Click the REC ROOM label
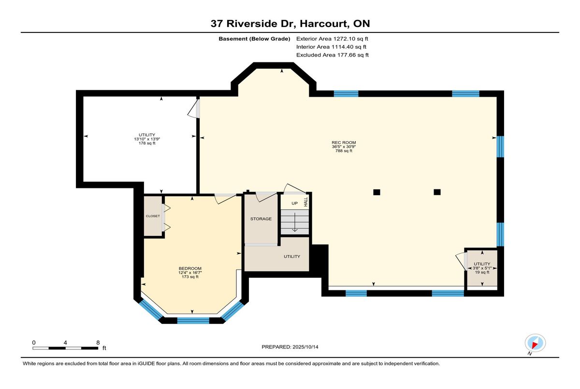(344, 143)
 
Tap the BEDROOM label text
(190, 268)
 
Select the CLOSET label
(153, 216)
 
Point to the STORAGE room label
(261, 219)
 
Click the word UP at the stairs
(295, 203)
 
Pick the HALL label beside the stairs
(306, 202)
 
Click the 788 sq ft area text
(344, 151)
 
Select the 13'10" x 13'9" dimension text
(147, 139)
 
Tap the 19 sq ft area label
(482, 272)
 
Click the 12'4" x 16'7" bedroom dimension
(190, 273)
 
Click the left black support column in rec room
(377, 192)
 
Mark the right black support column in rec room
(437, 192)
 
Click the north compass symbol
(535, 343)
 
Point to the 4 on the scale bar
(65, 343)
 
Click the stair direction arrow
(295, 222)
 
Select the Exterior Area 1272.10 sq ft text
(332, 39)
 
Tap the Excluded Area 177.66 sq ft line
(333, 55)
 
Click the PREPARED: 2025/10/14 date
(290, 347)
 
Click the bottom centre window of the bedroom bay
(193, 321)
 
